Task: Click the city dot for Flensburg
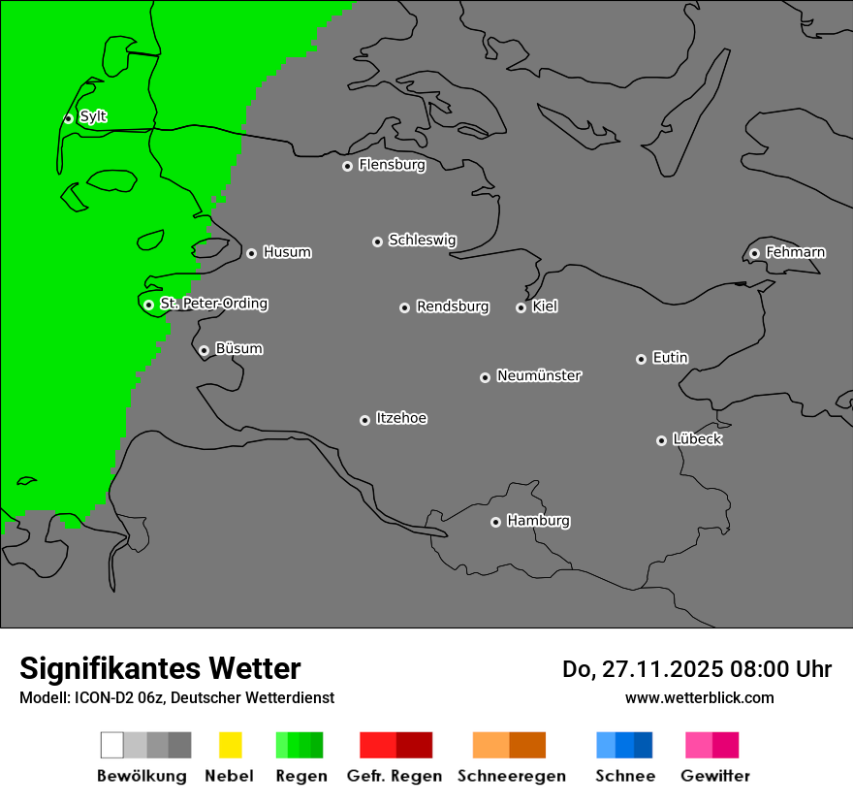[347, 166]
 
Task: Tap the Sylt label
[93, 116]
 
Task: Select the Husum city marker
[251, 253]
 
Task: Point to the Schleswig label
[422, 240]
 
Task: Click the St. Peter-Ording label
[213, 304]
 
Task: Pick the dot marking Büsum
[204, 350]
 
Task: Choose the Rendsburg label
[452, 306]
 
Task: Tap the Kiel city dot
[521, 307]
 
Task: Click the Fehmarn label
[795, 252]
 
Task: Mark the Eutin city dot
[641, 359]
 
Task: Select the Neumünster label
[539, 375]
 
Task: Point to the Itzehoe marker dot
[364, 420]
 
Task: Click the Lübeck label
[697, 439]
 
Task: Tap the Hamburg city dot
[495, 522]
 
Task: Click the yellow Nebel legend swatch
[230, 745]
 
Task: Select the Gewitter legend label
[715, 776]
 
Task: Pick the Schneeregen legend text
[512, 776]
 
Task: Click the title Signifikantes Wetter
[160, 668]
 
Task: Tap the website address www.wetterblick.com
[700, 697]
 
